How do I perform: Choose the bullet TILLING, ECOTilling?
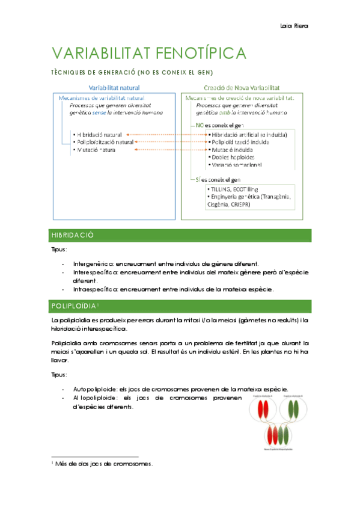[233, 189]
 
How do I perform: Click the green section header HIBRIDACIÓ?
[69, 235]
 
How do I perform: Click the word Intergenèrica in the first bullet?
[92, 263]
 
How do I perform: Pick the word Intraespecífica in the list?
[95, 289]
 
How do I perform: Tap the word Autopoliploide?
[94, 389]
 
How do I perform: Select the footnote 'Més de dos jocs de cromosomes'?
[104, 464]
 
